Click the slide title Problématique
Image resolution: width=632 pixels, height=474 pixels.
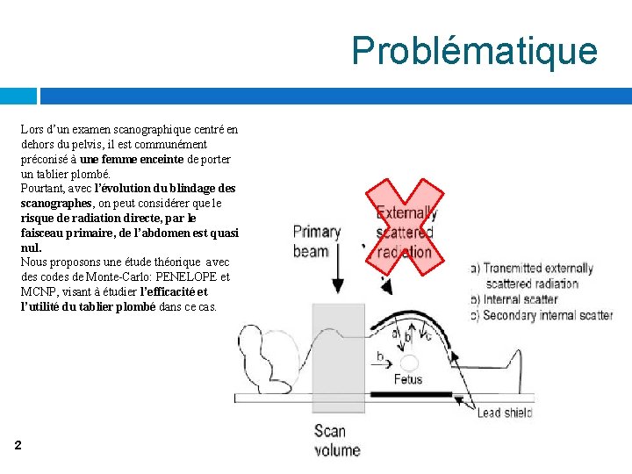[x=474, y=51]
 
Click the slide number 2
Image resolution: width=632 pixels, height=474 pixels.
[x=18, y=446]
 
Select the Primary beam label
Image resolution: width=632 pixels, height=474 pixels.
[x=317, y=241]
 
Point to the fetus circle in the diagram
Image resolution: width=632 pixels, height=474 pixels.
[x=409, y=363]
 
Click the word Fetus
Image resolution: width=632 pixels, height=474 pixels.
[x=407, y=379]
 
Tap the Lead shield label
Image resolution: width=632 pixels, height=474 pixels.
[x=505, y=413]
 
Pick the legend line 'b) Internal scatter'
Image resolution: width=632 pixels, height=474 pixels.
[x=515, y=299]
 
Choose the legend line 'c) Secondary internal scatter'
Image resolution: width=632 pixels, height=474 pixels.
[x=542, y=315]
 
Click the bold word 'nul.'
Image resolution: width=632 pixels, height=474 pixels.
[x=31, y=248]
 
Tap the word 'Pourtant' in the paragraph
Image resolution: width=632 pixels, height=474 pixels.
[x=42, y=189]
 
